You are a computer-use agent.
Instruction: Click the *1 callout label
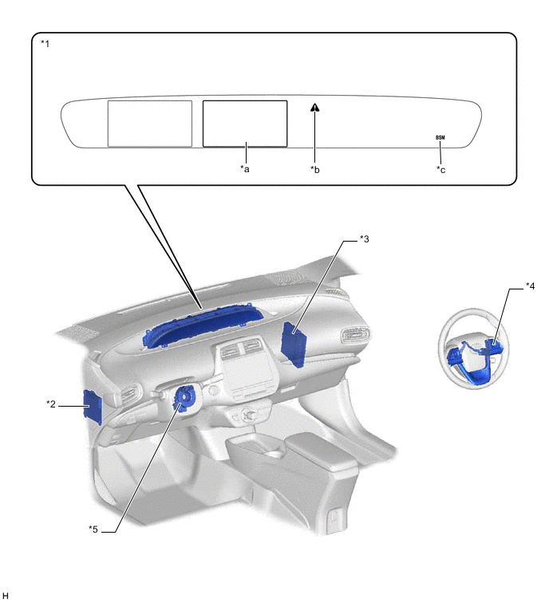(x=45, y=43)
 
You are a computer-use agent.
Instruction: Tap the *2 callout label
(x=52, y=404)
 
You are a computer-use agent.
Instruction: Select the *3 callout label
(x=363, y=239)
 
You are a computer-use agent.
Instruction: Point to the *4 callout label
(x=530, y=285)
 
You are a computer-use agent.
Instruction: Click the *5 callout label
(x=93, y=528)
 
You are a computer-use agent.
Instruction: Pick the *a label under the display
(x=245, y=169)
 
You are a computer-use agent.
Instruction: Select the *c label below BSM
(x=440, y=169)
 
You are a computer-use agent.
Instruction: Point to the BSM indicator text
(x=440, y=137)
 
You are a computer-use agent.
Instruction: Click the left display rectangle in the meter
(x=150, y=124)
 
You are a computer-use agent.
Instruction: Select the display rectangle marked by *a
(x=245, y=124)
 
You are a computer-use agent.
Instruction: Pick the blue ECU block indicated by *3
(x=294, y=343)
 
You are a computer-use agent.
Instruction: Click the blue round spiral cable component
(x=186, y=397)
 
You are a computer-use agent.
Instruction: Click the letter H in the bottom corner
(x=6, y=595)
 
